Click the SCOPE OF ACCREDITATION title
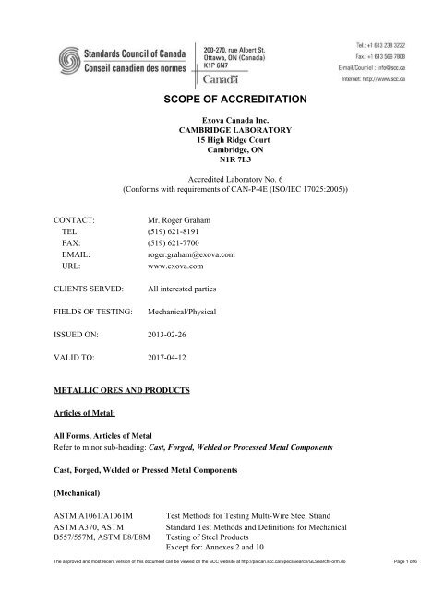[x=222, y=99]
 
